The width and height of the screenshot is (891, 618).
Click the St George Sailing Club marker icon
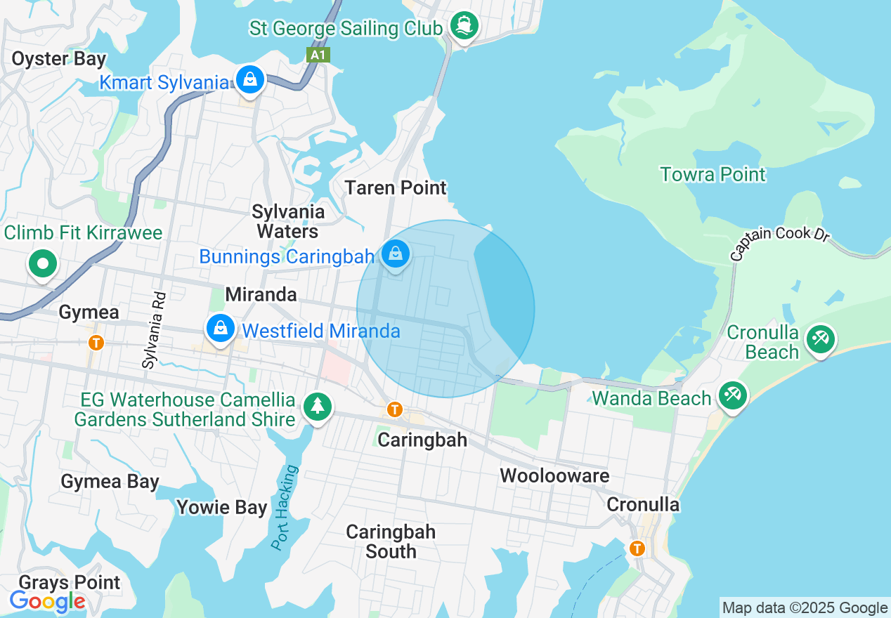[463, 26]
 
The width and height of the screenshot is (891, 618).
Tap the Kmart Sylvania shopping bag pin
[249, 79]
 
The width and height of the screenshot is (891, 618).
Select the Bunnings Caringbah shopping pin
[396, 254]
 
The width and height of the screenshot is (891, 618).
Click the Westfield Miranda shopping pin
[221, 328]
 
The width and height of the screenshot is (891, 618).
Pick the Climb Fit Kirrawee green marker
[43, 264]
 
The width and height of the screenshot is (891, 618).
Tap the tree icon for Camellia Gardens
[318, 406]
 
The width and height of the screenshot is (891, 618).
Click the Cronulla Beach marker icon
[819, 338]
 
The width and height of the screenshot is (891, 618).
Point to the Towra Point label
[713, 174]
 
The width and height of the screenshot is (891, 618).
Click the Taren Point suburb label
[396, 188]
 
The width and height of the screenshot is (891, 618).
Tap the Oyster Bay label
[58, 59]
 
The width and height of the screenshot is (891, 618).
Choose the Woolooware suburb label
[554, 475]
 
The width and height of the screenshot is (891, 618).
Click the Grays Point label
[70, 582]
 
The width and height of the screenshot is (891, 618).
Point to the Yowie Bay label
[222, 507]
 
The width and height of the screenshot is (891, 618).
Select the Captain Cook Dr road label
[780, 243]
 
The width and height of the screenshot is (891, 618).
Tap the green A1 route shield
[318, 55]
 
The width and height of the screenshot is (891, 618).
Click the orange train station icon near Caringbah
[395, 409]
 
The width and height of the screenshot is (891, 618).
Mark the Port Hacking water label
[285, 508]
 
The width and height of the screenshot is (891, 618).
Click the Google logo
[47, 601]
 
